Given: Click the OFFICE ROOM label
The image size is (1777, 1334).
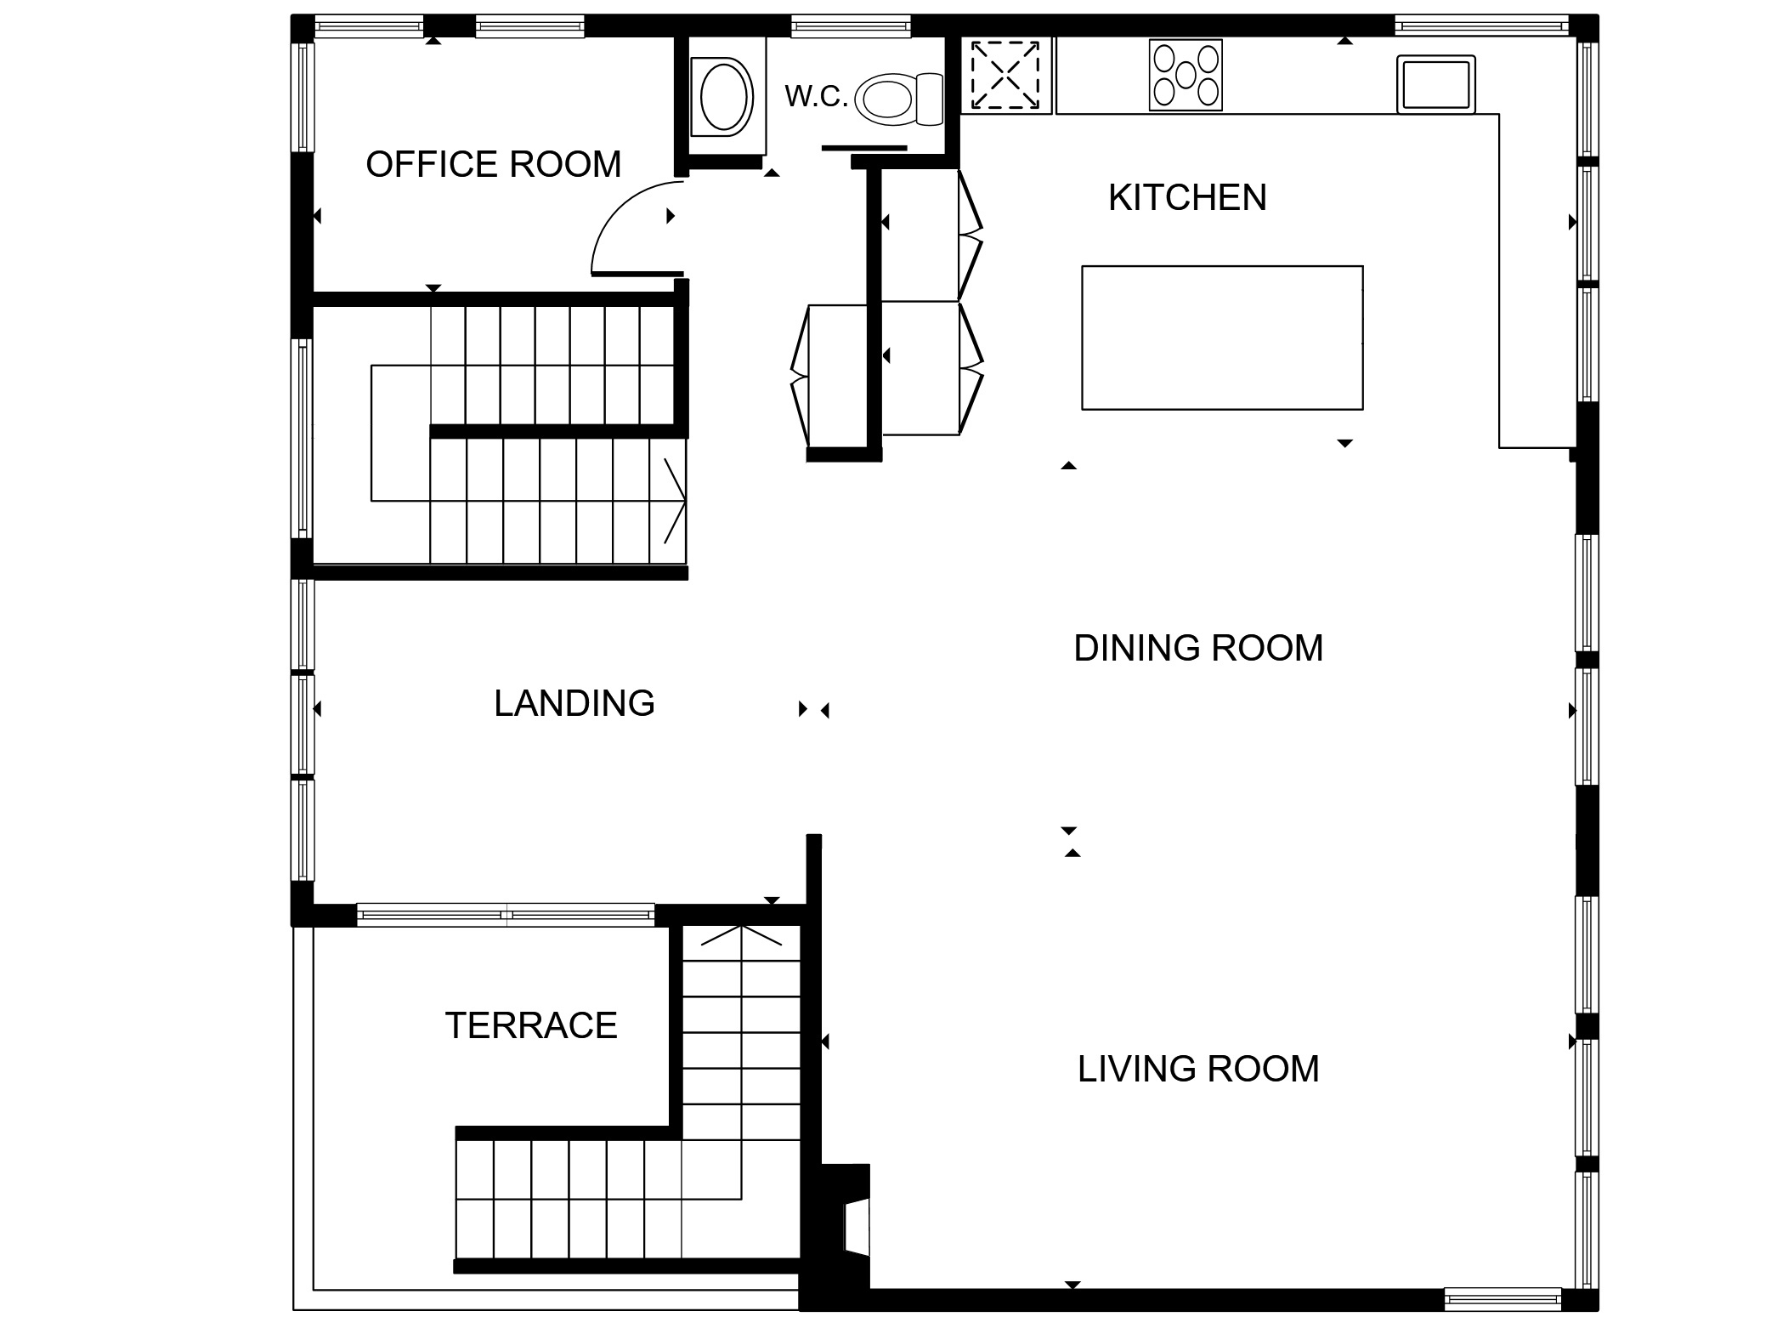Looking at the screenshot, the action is coord(493,164).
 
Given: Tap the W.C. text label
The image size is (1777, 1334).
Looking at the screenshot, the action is coord(817,97).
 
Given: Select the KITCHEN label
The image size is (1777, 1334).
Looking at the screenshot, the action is coord(1187,197).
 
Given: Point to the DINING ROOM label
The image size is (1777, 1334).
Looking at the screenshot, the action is coord(1198,648).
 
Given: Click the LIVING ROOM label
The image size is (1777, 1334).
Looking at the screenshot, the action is coord(1198,1069).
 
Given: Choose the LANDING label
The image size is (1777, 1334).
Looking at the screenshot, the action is coord(574,703).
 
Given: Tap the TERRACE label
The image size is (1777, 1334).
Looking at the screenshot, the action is coord(531,1025).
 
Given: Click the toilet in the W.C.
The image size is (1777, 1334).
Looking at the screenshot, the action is coord(899,98).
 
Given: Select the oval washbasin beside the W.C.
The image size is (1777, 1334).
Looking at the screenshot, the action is coord(724,96).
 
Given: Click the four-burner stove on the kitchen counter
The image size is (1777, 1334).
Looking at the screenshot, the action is coord(1186,75).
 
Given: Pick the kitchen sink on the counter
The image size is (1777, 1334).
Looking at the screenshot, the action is coord(1436,84).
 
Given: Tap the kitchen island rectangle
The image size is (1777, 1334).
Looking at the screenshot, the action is coord(1222,338).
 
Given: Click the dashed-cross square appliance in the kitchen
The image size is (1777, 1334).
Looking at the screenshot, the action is coord(1005,76).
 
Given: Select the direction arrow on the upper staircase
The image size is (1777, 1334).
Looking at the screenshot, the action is coord(675,502).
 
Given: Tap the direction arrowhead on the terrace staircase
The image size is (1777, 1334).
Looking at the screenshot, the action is coord(741,935).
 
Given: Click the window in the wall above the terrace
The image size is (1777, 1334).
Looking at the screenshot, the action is coord(506,916).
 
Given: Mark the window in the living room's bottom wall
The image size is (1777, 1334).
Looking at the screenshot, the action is coord(1503,1299).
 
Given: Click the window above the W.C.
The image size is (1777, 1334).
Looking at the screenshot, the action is coord(851,26).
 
